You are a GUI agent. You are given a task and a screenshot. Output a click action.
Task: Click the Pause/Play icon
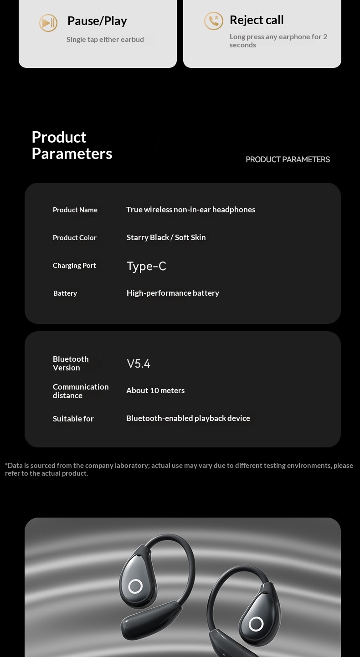48,23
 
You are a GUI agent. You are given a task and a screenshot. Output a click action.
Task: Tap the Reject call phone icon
213,21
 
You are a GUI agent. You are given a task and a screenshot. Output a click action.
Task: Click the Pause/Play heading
97,21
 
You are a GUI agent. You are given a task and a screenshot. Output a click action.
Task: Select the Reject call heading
257,20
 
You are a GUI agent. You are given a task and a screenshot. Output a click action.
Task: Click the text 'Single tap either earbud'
105,40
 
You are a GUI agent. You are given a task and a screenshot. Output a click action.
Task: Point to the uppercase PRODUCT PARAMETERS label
288,159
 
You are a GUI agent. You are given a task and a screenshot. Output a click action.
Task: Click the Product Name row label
75,210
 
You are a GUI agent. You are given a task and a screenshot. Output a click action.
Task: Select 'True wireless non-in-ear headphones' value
190,210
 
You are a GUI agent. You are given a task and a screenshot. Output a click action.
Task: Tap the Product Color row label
75,238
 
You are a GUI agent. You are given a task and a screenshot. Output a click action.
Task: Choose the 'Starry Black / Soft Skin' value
166,237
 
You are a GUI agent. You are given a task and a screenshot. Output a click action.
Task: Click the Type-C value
146,266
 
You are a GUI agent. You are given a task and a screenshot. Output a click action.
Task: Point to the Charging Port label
74,266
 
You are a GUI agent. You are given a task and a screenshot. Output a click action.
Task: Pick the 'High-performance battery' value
173,293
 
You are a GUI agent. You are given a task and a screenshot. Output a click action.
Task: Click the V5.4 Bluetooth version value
139,364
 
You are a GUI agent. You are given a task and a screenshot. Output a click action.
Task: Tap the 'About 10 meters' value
155,390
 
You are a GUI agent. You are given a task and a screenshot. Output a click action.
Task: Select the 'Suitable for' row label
73,419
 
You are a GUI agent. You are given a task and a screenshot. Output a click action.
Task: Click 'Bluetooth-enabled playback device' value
188,418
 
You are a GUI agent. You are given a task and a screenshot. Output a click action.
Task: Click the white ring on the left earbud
135,586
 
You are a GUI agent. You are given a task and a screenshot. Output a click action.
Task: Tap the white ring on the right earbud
256,624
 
